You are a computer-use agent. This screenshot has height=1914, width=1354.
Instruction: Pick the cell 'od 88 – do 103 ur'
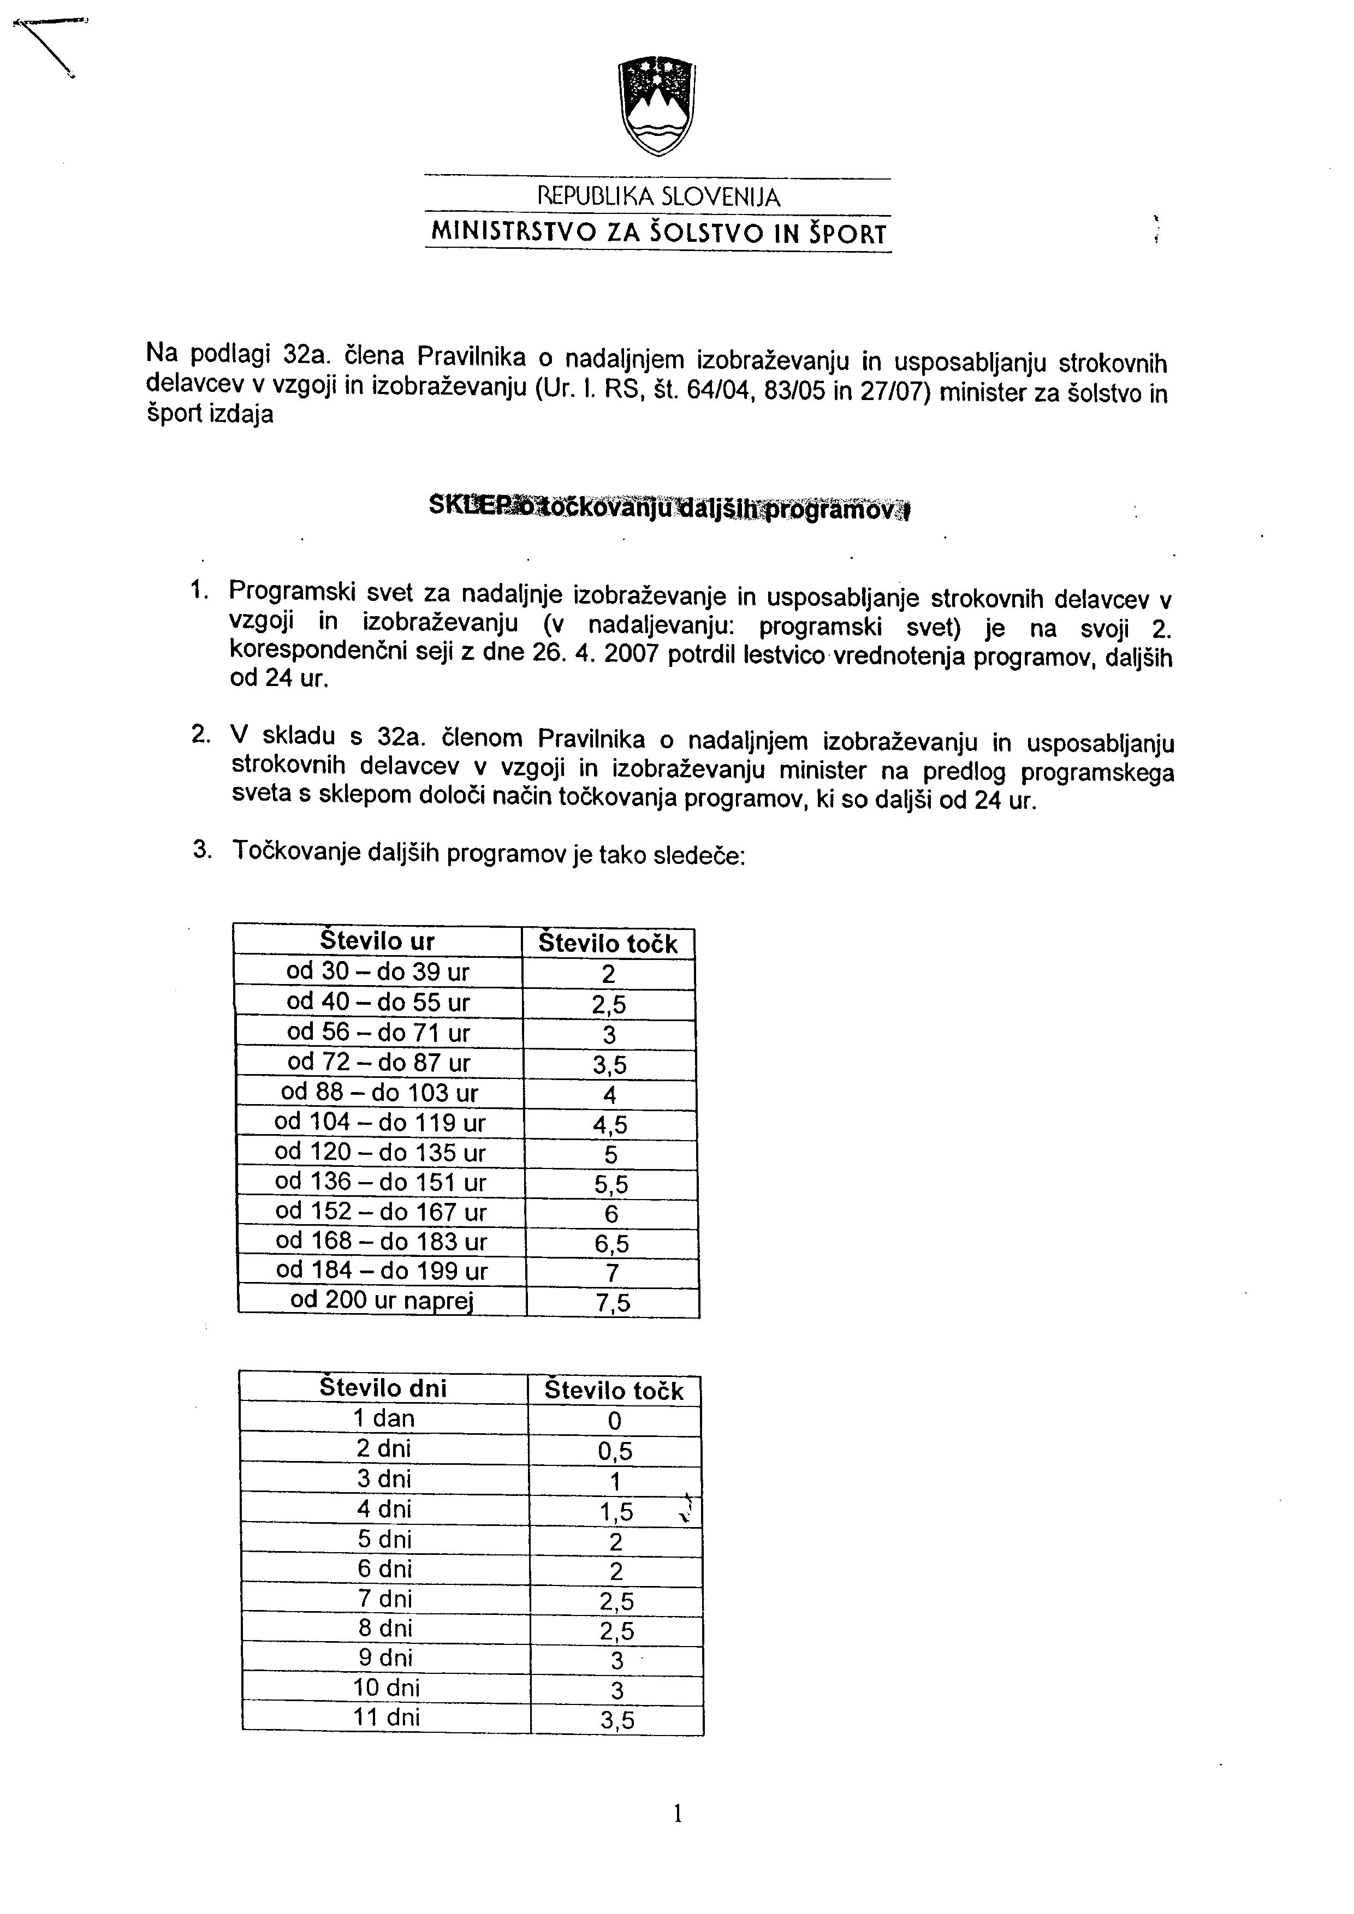pos(379,1092)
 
